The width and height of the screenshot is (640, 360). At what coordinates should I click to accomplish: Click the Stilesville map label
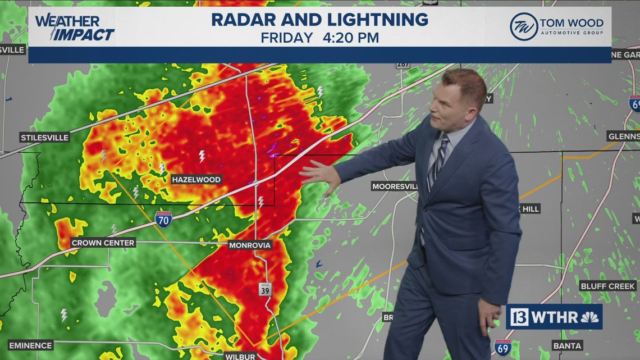coord(44,138)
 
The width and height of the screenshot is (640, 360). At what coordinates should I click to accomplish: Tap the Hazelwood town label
coord(196,179)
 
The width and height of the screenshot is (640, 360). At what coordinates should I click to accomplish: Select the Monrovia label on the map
coord(250,245)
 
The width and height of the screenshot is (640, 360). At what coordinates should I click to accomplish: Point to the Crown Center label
coord(103,243)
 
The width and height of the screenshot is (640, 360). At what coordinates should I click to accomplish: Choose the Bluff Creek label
coord(608,286)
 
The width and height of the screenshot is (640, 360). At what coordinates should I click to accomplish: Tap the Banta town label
coord(566,345)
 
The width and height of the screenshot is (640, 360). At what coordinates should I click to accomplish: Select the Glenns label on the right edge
coord(623,136)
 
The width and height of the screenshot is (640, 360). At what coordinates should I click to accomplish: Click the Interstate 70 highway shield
coord(163,217)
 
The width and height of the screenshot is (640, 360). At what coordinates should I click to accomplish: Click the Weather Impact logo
coord(75,28)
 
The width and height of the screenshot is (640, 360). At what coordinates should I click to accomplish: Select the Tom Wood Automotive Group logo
coord(556,27)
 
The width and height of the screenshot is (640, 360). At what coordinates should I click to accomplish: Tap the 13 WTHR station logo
coord(554,317)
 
